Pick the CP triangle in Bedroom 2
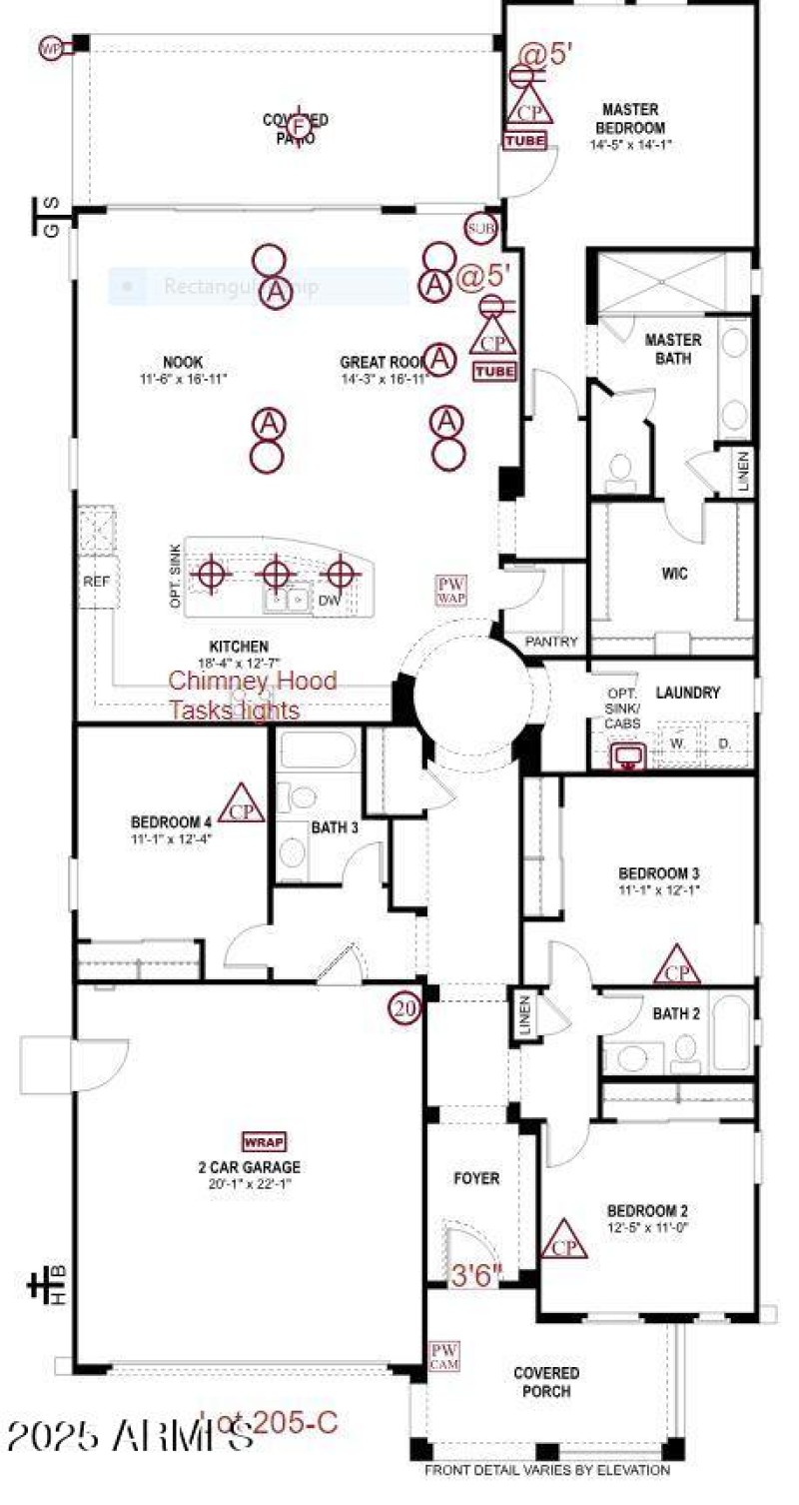[x=564, y=1241]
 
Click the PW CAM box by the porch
[x=443, y=1355]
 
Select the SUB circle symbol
[x=480, y=229]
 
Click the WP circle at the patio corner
[x=51, y=48]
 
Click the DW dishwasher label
[x=330, y=600]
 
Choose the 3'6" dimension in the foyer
[x=477, y=1275]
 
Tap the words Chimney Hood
[x=252, y=682]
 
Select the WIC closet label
[x=674, y=575]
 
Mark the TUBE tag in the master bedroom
[x=524, y=141]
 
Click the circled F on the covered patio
[x=297, y=126]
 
